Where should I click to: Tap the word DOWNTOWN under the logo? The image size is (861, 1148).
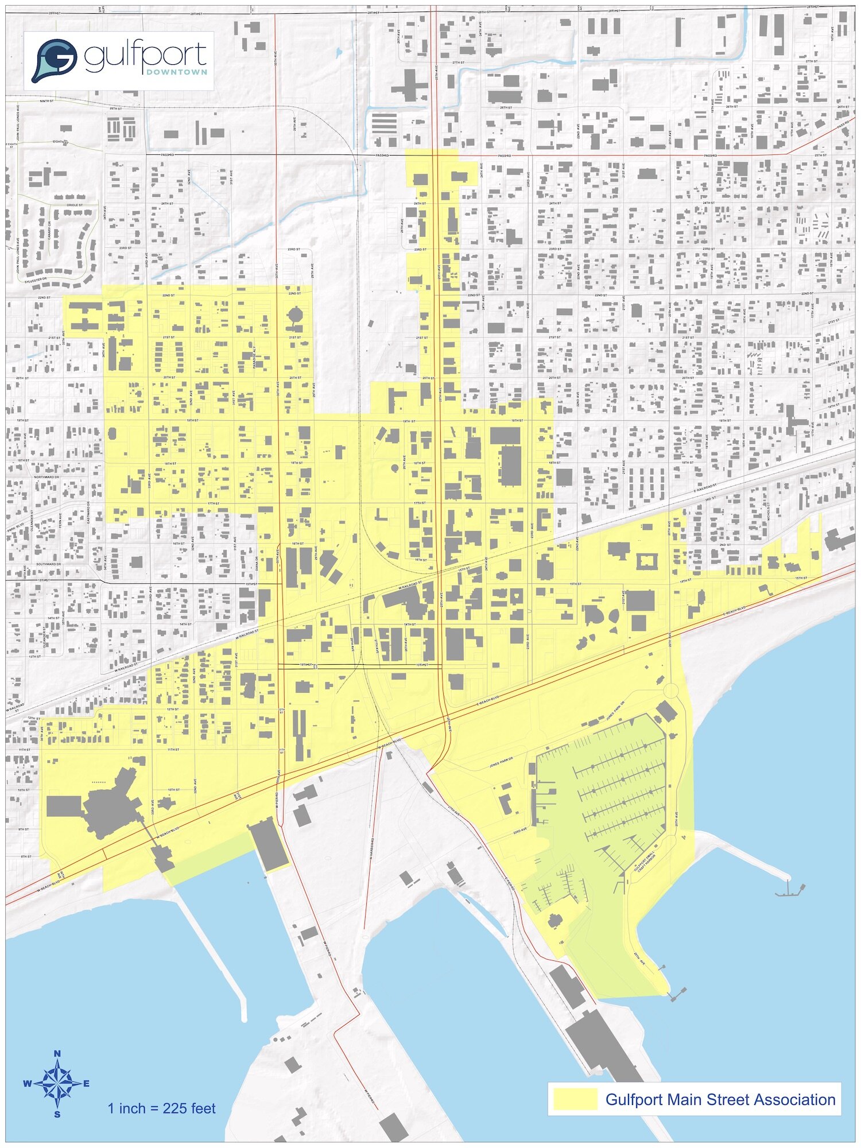coord(177,72)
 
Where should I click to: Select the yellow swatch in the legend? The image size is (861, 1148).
coord(575,1099)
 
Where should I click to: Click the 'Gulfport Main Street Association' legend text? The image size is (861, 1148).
coord(720,1100)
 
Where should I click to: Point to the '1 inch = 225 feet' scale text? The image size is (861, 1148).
coord(161,1108)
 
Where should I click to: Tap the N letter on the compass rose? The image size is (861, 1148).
coord(57,1053)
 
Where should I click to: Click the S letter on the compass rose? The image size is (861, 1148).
coord(57,1114)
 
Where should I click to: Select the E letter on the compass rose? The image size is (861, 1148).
coord(87,1084)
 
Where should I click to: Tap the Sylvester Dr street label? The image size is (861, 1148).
coord(36,280)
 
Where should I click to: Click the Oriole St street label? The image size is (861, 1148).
coord(75,205)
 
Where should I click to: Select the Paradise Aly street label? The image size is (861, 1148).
coord(254,356)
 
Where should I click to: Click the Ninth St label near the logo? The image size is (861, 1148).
coord(46,101)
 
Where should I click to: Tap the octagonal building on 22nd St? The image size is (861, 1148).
coord(294,315)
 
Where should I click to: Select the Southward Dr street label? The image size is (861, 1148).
coord(49,564)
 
